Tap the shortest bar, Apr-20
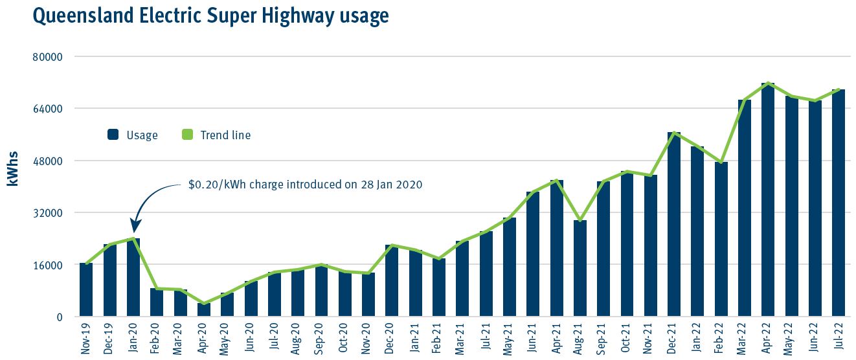coord(204,309)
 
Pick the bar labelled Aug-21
coord(580,268)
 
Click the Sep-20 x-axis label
coord(322,337)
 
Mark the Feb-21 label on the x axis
coord(439,337)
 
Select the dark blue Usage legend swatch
coord(113,135)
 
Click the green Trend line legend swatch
coord(188,135)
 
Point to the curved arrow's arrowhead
coord(135,228)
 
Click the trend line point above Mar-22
coord(745,100)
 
